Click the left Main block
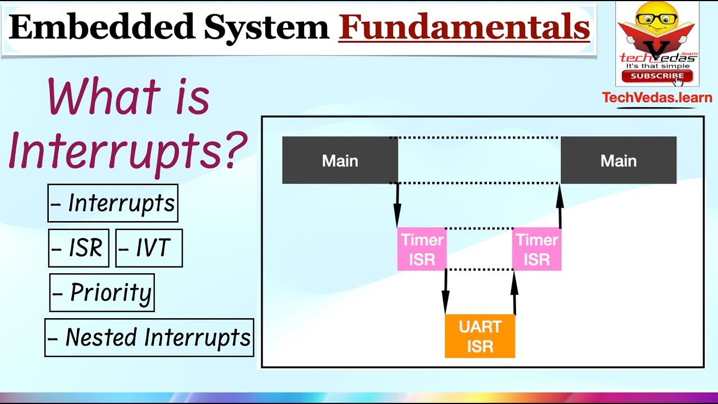pyautogui.click(x=340, y=160)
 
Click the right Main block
pyautogui.click(x=618, y=160)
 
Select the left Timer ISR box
pyautogui.click(x=422, y=250)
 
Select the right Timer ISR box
pyautogui.click(x=537, y=250)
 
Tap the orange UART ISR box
pyautogui.click(x=480, y=336)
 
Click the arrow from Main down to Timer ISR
pyautogui.click(x=397, y=205)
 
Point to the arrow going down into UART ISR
pyautogui.click(x=445, y=292)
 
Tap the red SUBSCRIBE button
pyautogui.click(x=657, y=76)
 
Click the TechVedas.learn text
pyautogui.click(x=657, y=98)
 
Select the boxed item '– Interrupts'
pyautogui.click(x=113, y=203)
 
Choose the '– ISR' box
pyautogui.click(x=79, y=248)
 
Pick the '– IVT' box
pyautogui.click(x=149, y=248)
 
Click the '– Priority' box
pyautogui.click(x=102, y=292)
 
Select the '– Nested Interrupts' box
pyautogui.click(x=149, y=338)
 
